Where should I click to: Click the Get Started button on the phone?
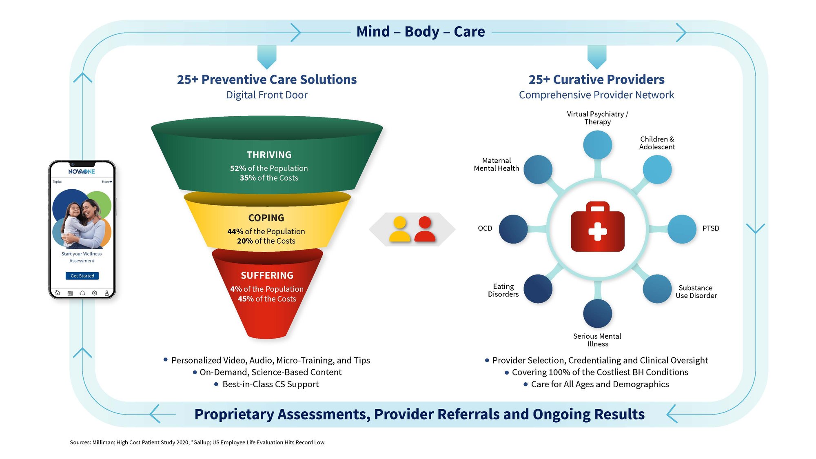pyautogui.click(x=82, y=276)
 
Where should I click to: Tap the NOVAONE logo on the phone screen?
pyautogui.click(x=82, y=171)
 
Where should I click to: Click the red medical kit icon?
pyautogui.click(x=597, y=227)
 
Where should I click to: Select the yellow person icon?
pyautogui.click(x=399, y=229)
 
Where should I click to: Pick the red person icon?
pyautogui.click(x=425, y=229)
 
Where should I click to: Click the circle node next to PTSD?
pyautogui.click(x=682, y=229)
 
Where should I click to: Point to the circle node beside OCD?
pyautogui.click(x=513, y=229)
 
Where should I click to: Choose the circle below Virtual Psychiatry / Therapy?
pyautogui.click(x=597, y=145)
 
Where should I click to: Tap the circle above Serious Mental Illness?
pyautogui.click(x=597, y=313)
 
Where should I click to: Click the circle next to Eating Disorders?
pyautogui.click(x=538, y=289)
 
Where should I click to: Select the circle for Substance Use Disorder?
pyautogui.click(x=657, y=289)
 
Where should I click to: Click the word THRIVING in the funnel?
pyautogui.click(x=269, y=155)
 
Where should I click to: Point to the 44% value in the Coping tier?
pyautogui.click(x=235, y=232)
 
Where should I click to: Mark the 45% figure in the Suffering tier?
pyautogui.click(x=246, y=299)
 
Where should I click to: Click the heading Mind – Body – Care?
pyautogui.click(x=421, y=32)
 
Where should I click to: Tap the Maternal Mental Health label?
pyautogui.click(x=496, y=164)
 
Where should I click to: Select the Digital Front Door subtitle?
pyautogui.click(x=267, y=95)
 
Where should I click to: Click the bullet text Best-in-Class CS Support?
pyautogui.click(x=271, y=384)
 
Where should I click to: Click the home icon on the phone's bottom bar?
pyautogui.click(x=58, y=293)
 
